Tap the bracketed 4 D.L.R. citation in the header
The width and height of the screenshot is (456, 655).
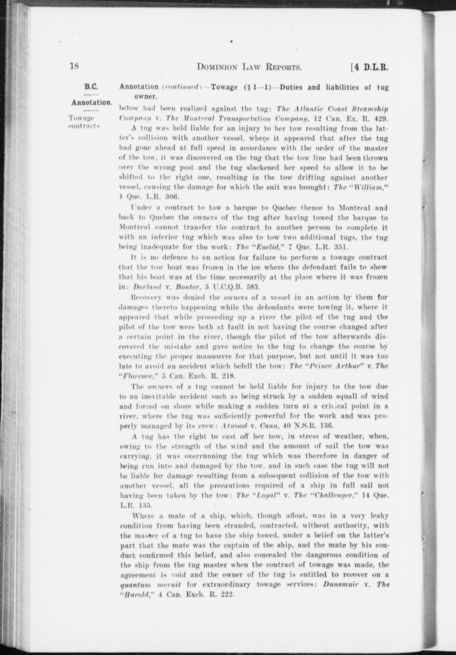tap(370, 67)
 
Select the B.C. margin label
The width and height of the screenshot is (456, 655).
tap(91, 87)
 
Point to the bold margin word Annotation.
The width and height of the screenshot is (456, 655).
tap(92, 103)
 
